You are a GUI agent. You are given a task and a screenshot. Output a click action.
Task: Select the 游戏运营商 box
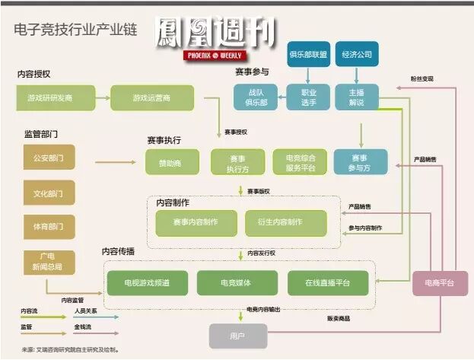(x=152, y=97)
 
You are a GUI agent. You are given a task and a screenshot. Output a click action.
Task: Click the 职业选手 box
(x=307, y=97)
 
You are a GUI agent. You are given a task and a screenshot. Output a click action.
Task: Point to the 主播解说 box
(x=357, y=97)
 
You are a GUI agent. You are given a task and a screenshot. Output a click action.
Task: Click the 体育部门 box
(x=49, y=226)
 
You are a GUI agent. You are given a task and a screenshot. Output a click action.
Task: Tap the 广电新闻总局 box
(x=49, y=261)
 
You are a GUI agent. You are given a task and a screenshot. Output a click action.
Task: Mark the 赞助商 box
(x=172, y=162)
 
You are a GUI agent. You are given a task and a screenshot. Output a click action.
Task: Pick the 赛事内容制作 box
(x=196, y=222)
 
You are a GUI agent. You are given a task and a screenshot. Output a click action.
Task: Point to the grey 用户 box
(x=238, y=335)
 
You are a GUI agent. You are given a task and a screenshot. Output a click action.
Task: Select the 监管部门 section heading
(x=41, y=134)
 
